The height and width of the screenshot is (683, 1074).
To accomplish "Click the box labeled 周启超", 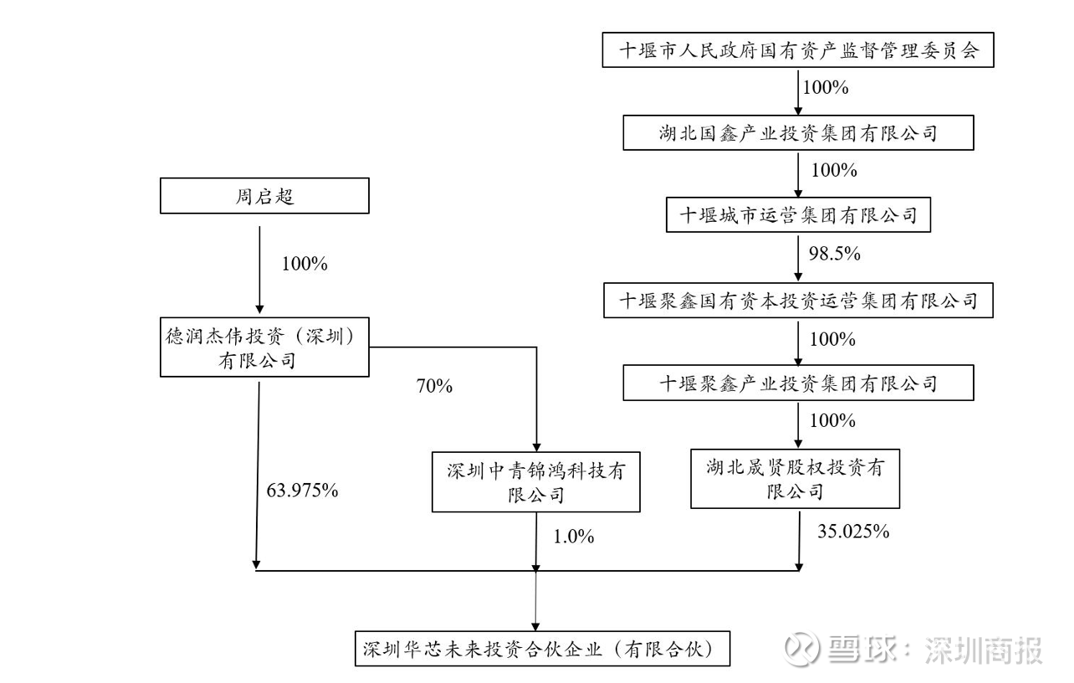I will (264, 196).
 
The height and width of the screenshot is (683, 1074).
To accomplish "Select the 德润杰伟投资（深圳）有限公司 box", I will (264, 347).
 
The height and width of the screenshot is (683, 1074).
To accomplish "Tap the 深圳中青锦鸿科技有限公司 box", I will (536, 482).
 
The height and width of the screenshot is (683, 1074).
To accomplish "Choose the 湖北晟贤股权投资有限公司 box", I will (795, 479).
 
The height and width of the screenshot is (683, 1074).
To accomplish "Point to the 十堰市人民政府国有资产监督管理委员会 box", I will (798, 50).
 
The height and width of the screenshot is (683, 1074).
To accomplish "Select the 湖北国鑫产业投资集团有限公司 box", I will (798, 132).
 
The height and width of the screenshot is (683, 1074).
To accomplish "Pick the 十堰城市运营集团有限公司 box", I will (798, 215).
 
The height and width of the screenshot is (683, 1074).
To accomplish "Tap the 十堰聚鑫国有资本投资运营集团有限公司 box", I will (798, 300).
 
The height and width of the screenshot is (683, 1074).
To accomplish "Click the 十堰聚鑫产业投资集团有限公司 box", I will (798, 383).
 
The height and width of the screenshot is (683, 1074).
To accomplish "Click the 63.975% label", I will (302, 490).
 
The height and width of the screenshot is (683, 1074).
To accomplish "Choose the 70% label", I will (434, 386).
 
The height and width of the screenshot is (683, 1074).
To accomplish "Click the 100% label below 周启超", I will (304, 264).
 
